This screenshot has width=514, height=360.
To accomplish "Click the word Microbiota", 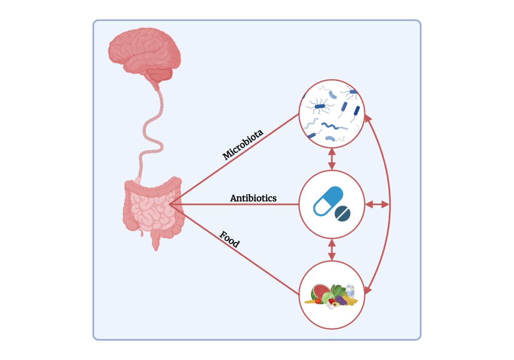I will coord(243,145).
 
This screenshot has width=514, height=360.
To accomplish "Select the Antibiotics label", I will coord(253,198).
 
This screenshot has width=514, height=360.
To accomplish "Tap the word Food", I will coord(229,239).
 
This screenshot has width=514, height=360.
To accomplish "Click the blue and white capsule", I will coord(327,200).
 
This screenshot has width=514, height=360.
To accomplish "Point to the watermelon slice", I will coord(319,293).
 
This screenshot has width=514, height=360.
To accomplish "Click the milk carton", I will coord(350,290).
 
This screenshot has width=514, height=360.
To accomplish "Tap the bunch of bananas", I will coord(350,301).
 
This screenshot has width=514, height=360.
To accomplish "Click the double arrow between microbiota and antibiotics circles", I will coord(331,159).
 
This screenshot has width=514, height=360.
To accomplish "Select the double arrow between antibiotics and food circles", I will coord(331,250).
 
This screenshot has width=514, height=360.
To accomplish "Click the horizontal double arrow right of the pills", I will coord(377,204).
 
